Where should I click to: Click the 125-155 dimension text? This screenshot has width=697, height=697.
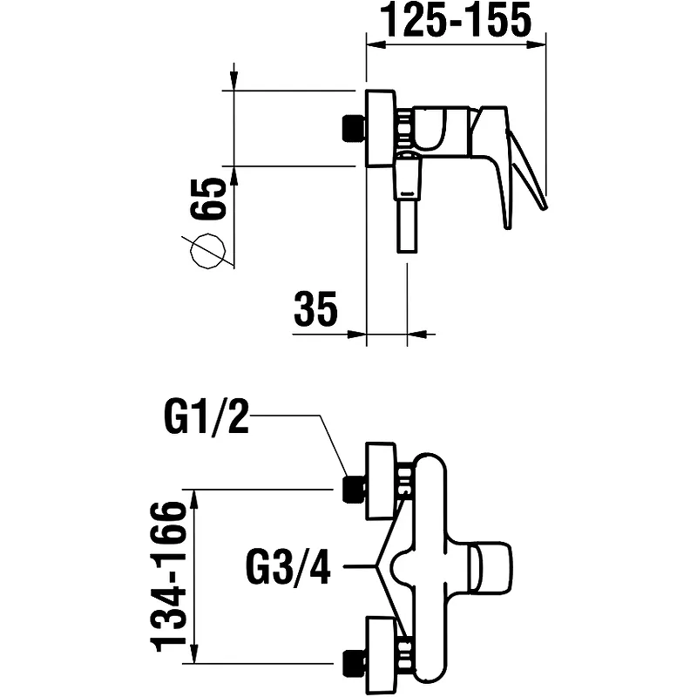[x=458, y=20]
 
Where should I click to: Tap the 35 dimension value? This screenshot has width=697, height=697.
[x=315, y=308]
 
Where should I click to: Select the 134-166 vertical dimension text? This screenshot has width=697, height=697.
[x=169, y=577]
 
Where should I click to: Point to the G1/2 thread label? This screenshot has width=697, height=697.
[x=206, y=416]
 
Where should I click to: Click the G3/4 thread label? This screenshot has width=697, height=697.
[x=288, y=566]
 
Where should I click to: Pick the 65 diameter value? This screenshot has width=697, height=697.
[x=207, y=199]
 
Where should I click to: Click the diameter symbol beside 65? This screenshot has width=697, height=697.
[x=207, y=251]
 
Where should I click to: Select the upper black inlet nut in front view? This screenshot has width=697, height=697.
[x=354, y=490]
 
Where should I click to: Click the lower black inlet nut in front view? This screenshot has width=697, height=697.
[x=354, y=663]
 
